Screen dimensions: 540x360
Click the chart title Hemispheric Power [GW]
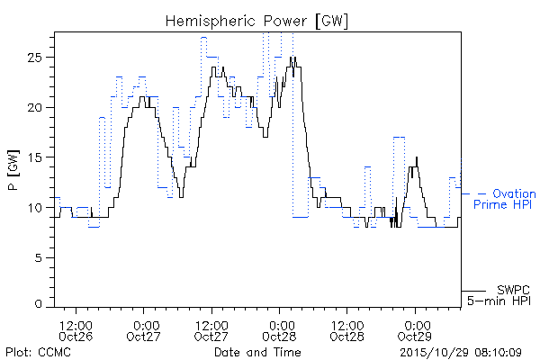point(256,22)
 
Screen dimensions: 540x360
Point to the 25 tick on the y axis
point(34,58)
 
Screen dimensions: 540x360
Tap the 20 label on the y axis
point(34,107)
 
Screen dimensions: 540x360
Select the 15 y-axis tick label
point(34,157)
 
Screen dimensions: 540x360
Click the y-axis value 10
point(34,208)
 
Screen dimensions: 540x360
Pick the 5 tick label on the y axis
point(38,257)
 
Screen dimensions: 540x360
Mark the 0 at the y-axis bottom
point(38,304)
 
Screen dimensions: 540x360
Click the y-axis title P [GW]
point(13,170)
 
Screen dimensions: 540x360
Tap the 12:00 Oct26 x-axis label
point(76,330)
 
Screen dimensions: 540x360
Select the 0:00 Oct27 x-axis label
point(144,330)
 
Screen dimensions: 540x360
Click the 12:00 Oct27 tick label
point(211,330)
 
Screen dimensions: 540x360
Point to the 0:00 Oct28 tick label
point(279,330)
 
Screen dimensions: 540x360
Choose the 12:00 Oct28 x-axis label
point(347,330)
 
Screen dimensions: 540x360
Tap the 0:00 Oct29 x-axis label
point(415,330)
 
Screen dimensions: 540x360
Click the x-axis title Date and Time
point(257,352)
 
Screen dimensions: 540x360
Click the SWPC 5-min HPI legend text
point(499,295)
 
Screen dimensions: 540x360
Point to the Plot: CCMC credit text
point(38,352)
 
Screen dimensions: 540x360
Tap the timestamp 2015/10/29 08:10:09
point(461,353)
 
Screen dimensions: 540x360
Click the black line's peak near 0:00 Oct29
point(417,157)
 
